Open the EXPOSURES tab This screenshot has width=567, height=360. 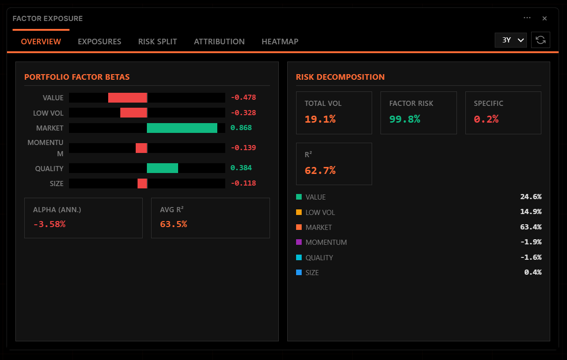coord(99,42)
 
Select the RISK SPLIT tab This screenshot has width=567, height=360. coord(158,42)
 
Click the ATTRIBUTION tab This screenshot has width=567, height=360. coord(219,42)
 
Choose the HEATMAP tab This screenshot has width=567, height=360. coord(280,42)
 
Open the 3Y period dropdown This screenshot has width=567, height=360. coord(511,40)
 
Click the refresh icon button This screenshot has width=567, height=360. coord(541,40)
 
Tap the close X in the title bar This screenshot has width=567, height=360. coord(544,19)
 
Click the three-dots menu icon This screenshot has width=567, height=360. coord(527,18)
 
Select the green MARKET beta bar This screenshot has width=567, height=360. coord(182,128)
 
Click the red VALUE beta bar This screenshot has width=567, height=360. coord(127,97)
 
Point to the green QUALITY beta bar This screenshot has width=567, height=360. coord(162,168)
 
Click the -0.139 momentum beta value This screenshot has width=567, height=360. coord(243,148)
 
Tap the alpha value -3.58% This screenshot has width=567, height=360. coord(49,224)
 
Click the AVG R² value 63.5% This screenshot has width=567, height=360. coord(173,224)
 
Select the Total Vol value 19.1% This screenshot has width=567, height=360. coord(320,119)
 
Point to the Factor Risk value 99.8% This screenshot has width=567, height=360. coord(405,119)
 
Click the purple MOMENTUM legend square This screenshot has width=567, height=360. coord(299,242)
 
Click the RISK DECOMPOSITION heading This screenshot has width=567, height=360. coord(340,77)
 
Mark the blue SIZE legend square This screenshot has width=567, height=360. coord(299,272)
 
